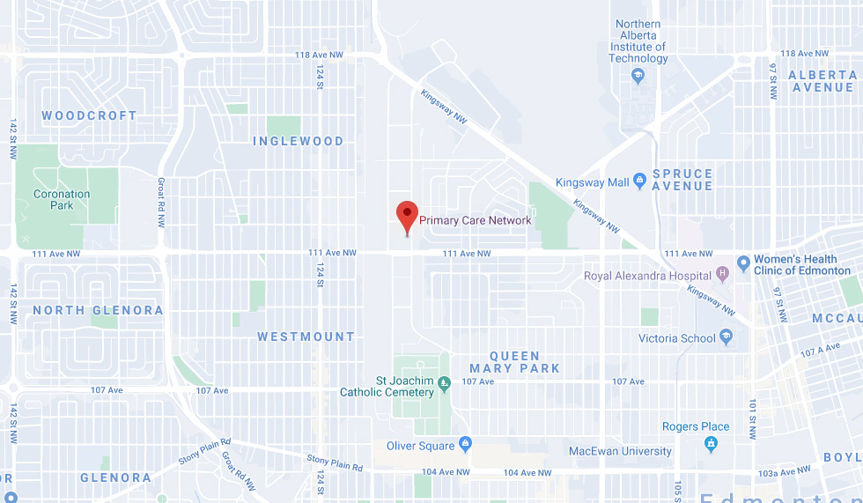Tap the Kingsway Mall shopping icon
coord(640,181)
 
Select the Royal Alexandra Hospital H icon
coord(723,275)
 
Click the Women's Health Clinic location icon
coord(743,263)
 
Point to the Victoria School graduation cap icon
coord(727,337)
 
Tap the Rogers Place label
coord(696,426)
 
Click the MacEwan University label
coord(620,451)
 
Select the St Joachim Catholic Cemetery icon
coord(444,381)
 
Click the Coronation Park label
coord(62,199)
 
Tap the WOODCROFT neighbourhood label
coord(89,115)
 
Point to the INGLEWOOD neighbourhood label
coord(298,141)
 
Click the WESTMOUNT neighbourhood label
coord(306,337)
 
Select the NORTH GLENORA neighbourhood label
coord(98,310)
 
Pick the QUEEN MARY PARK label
coord(515,362)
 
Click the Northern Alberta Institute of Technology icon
coord(638,77)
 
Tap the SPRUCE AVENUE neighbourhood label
coord(682,180)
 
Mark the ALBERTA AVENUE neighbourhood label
coord(821,81)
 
